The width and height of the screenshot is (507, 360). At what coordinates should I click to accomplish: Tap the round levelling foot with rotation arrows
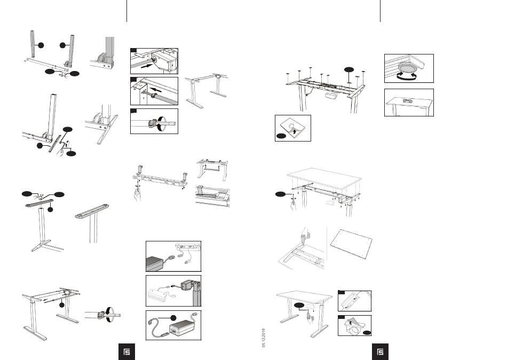click(408, 69)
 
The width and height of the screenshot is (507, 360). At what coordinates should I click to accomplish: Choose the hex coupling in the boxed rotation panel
click(153, 123)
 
